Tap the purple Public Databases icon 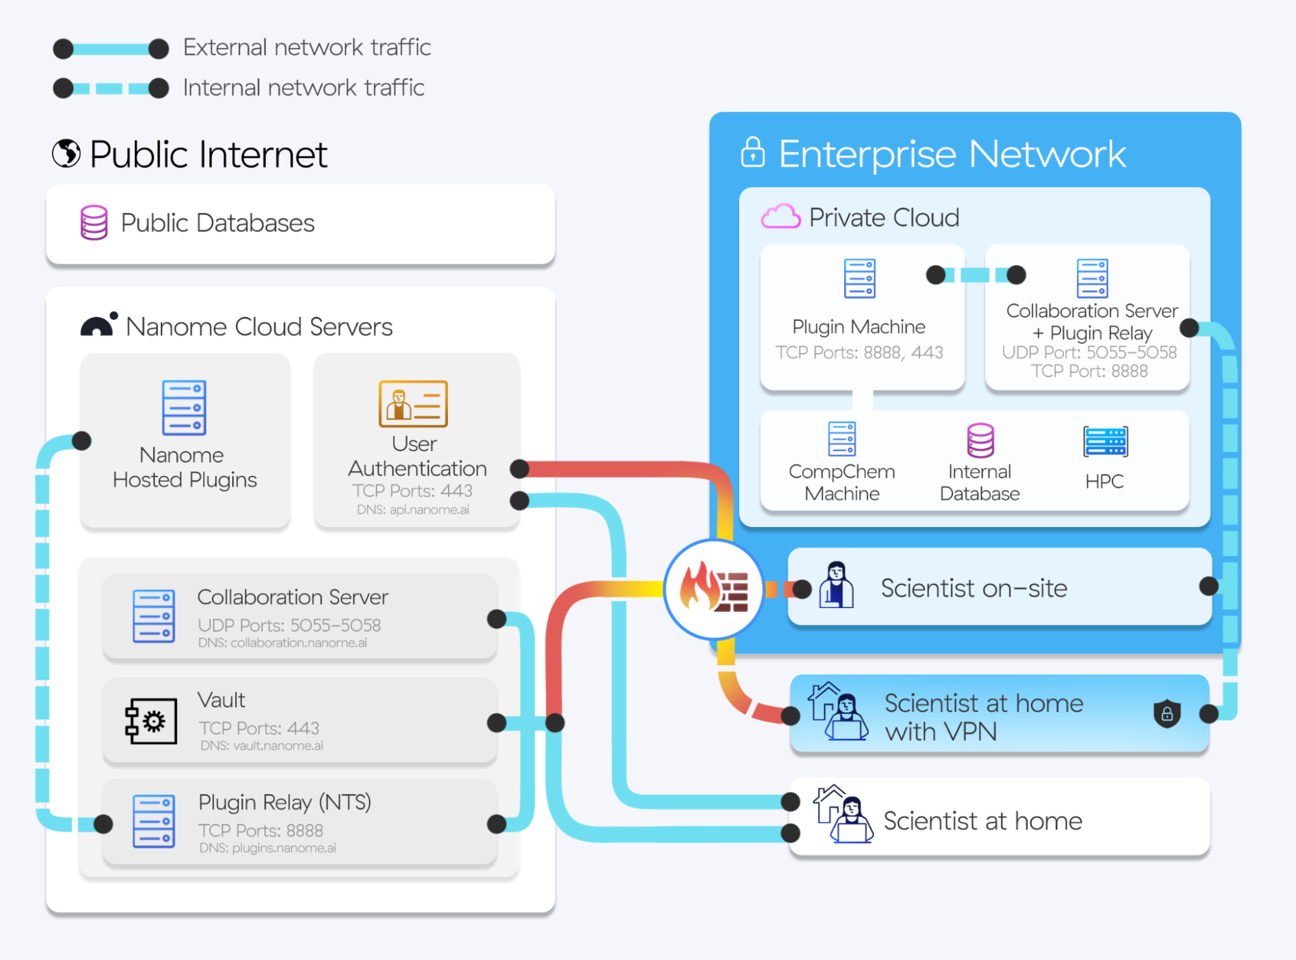94,223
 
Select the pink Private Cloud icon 781,217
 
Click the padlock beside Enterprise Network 753,152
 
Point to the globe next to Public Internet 66,154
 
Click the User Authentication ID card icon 413,403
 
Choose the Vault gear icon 152,721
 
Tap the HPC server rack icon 1105,442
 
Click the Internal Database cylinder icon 980,441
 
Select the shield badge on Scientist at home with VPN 1167,714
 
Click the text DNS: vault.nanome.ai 262,746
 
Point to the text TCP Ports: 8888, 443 859,353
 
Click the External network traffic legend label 307,47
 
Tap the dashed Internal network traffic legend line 111,88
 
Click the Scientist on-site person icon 836,585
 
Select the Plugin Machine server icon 860,278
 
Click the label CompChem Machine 842,482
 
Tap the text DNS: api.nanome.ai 413,510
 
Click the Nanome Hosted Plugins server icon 184,407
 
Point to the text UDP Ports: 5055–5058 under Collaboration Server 289,626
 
